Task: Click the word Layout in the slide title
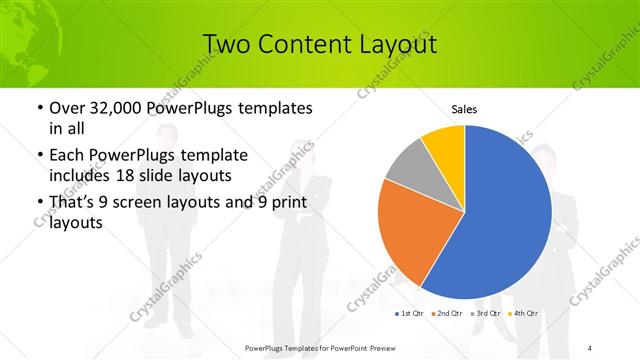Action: [396, 44]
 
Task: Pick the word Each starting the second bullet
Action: [66, 155]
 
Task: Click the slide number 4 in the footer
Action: [590, 347]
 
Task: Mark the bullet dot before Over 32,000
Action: [38, 107]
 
